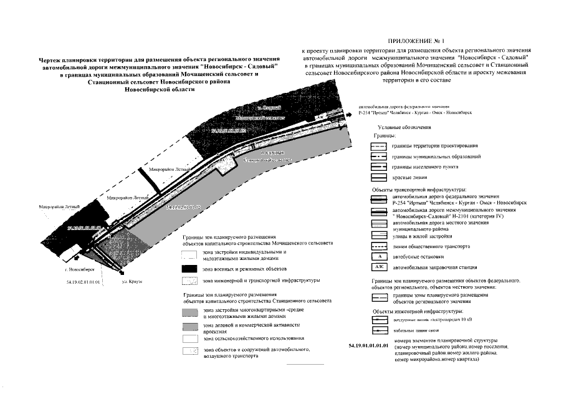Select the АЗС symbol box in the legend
[379, 267]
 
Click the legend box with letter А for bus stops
[379, 256]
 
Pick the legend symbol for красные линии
[379, 178]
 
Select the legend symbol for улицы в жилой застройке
[379, 235]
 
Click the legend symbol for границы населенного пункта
[379, 167]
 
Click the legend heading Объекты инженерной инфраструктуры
[417, 310]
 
